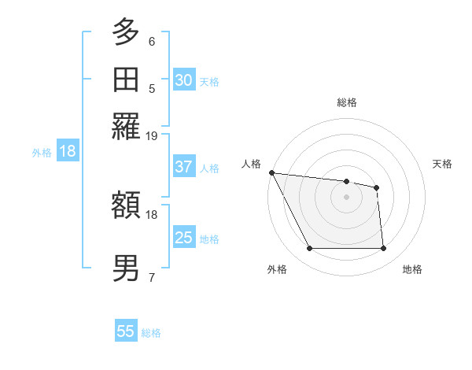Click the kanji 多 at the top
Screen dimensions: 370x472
[x=126, y=33]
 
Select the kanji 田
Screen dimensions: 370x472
[x=126, y=80]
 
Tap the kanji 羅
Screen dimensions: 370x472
[x=126, y=126]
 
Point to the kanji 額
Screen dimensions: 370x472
[x=126, y=206]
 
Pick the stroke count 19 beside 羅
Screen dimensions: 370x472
[x=152, y=135]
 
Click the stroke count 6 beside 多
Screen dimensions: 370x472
[x=152, y=42]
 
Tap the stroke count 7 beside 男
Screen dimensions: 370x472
[x=152, y=277]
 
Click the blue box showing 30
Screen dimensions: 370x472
[x=183, y=80]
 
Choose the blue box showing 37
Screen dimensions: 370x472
[x=183, y=167]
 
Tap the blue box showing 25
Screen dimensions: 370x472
[x=183, y=238]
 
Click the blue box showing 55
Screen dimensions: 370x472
[x=126, y=331]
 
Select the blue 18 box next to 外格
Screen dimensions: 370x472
[x=68, y=151]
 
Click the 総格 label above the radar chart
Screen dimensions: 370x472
[x=347, y=102]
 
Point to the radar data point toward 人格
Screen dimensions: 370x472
[x=271, y=172]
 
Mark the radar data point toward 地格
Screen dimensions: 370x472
[x=384, y=249]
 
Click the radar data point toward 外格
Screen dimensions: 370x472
[x=309, y=249]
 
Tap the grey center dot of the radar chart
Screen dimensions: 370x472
[x=347, y=197]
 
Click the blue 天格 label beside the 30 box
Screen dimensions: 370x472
[x=209, y=81]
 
